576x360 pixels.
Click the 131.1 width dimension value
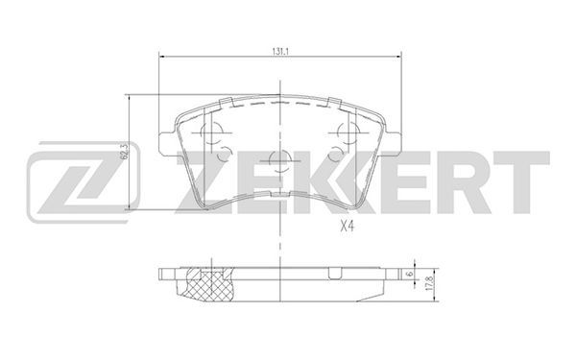[x=280, y=52]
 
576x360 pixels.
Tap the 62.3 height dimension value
[x=125, y=152]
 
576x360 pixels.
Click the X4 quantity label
[x=347, y=227]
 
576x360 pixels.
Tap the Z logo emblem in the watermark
[x=84, y=182]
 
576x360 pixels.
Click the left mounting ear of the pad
[x=166, y=142]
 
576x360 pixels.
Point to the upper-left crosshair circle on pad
[x=212, y=132]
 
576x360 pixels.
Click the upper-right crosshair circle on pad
[x=348, y=132]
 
